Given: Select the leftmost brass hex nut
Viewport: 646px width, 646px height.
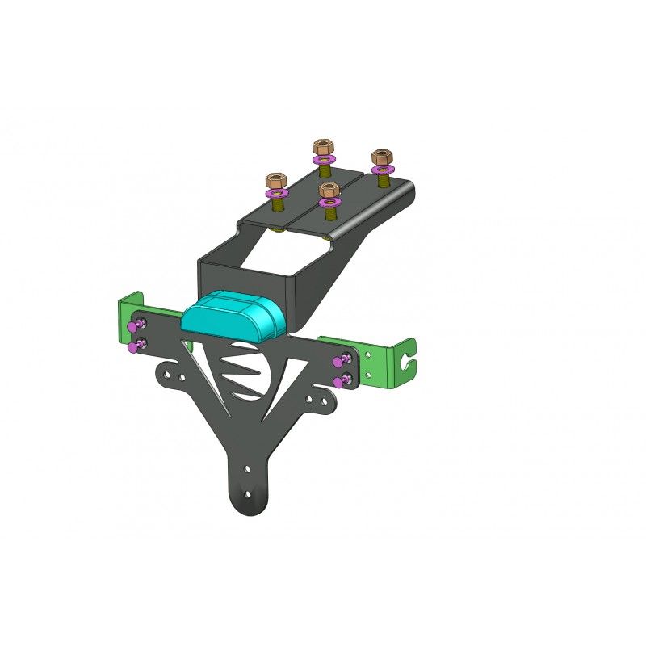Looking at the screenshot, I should click(276, 178).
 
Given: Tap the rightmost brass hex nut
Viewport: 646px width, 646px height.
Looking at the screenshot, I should click(380, 156).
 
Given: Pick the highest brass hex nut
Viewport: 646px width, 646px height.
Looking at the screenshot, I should click(323, 148).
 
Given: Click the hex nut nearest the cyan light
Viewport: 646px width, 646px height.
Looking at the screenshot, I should click(328, 191).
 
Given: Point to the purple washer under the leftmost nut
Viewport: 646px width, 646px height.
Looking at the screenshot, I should click(277, 195).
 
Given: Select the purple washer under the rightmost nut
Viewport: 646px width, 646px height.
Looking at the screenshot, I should click(381, 170).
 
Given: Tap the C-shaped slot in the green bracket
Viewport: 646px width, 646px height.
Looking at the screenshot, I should click(412, 365).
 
